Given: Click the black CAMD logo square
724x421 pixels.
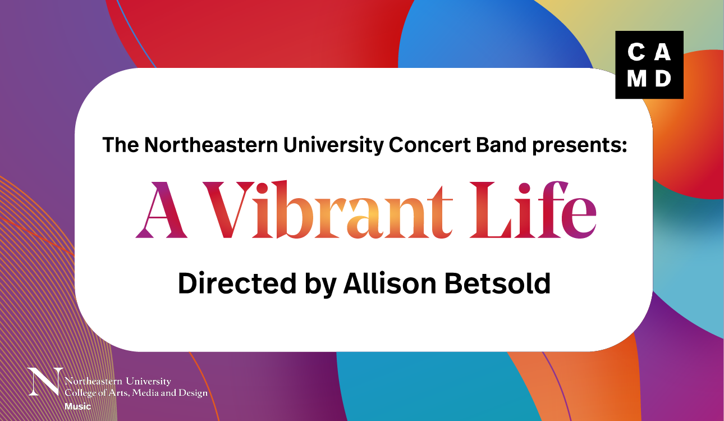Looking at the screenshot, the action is (649, 65).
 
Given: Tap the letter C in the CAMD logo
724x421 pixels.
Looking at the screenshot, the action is (636, 52).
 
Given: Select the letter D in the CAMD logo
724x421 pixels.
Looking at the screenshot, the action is (663, 79).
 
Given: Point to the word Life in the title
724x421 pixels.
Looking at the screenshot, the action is (533, 209).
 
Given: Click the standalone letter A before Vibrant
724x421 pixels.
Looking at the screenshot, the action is (161, 210).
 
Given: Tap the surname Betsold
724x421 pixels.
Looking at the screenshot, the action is (497, 283).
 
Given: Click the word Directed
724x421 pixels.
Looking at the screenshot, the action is (237, 283).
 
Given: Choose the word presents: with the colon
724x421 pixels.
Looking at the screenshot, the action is (580, 146).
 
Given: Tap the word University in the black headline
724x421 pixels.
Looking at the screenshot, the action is (333, 145).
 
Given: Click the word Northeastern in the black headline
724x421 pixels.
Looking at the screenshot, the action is (211, 144).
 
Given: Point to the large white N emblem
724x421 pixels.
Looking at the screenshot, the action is (45, 382).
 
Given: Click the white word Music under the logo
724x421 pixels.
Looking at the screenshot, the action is (78, 406).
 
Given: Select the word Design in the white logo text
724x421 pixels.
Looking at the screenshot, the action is (193, 393).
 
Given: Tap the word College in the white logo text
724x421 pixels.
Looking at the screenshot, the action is (80, 393).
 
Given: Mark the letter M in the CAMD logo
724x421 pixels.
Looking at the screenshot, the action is (636, 79).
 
